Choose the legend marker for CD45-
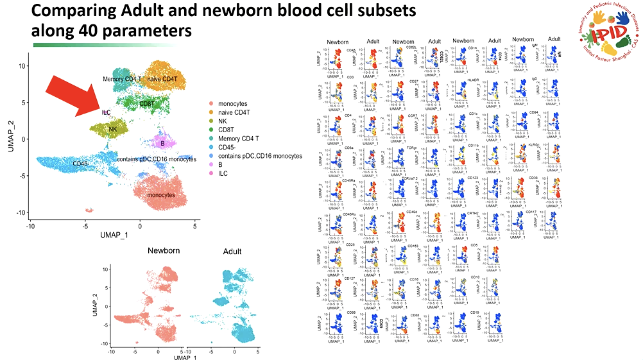coord(212,147)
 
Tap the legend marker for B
coord(212,164)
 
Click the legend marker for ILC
coord(212,173)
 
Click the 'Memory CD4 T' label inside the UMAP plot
coord(123,79)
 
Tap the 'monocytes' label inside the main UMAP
coord(161,195)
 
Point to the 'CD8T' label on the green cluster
coord(147,104)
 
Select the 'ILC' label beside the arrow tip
coord(107,112)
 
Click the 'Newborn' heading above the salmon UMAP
coord(164,251)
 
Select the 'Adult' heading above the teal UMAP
coord(232,251)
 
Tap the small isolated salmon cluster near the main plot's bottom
coord(89,210)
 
